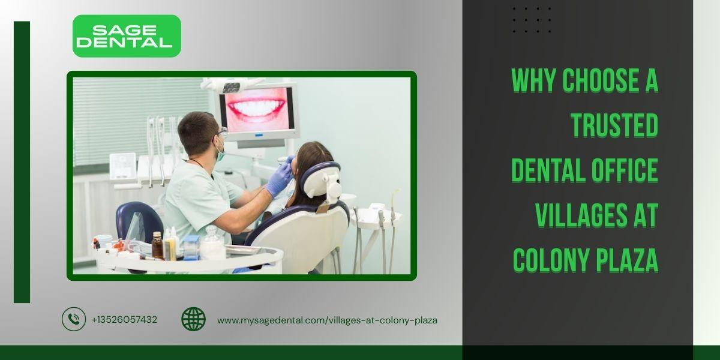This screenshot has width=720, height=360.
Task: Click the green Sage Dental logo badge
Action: pos(127,36)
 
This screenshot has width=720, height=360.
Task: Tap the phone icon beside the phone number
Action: pos(74,319)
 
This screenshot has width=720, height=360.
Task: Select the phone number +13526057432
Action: pos(124,319)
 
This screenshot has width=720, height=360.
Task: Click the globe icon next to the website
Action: pos(193,319)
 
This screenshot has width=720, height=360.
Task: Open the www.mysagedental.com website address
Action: pos(327,320)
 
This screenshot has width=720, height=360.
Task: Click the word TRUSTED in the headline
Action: pos(614,125)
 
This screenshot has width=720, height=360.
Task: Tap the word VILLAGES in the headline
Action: pos(581,215)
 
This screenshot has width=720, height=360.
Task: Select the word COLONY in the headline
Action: pos(551,260)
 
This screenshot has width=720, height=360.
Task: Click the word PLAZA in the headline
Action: pos(627,260)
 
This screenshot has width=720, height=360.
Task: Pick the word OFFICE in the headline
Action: pos(625,170)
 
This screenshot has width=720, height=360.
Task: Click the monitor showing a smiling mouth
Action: pos(257,110)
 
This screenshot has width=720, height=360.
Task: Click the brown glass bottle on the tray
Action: pos(157,245)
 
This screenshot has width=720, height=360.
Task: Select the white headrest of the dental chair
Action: pos(322,180)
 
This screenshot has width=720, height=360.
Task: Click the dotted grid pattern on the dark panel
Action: pos(532,20)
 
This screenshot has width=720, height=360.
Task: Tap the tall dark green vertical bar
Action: pos(22,162)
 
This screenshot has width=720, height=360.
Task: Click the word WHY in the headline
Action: pos(533,80)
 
